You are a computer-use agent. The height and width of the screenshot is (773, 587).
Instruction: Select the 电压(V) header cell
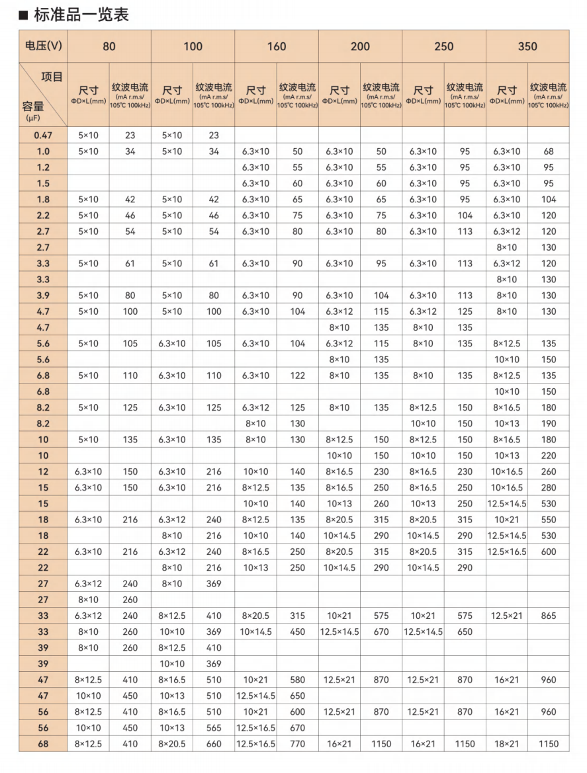43,46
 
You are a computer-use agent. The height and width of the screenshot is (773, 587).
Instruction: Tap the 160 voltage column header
277,46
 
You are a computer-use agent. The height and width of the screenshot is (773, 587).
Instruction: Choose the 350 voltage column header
527,46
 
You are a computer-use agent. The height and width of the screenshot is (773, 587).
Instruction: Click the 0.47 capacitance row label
43,136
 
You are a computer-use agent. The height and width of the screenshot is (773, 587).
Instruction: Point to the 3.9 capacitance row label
43,296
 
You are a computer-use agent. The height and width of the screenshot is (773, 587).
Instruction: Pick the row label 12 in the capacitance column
43,471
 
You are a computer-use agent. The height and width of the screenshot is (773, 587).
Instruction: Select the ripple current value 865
549,616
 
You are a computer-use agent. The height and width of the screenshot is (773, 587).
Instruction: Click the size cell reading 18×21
507,744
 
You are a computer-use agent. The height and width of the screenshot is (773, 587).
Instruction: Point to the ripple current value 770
298,744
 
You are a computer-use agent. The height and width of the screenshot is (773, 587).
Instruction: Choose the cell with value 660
214,744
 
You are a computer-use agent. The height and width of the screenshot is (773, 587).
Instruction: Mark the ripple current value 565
214,727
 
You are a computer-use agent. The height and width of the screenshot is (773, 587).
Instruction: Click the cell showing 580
298,680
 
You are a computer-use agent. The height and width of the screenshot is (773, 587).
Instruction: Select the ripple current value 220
549,456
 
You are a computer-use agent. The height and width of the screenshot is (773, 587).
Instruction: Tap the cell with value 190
549,424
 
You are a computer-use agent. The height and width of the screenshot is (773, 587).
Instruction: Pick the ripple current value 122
298,376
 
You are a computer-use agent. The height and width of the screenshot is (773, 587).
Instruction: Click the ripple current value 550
549,520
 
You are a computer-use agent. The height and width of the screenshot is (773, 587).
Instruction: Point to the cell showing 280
549,487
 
